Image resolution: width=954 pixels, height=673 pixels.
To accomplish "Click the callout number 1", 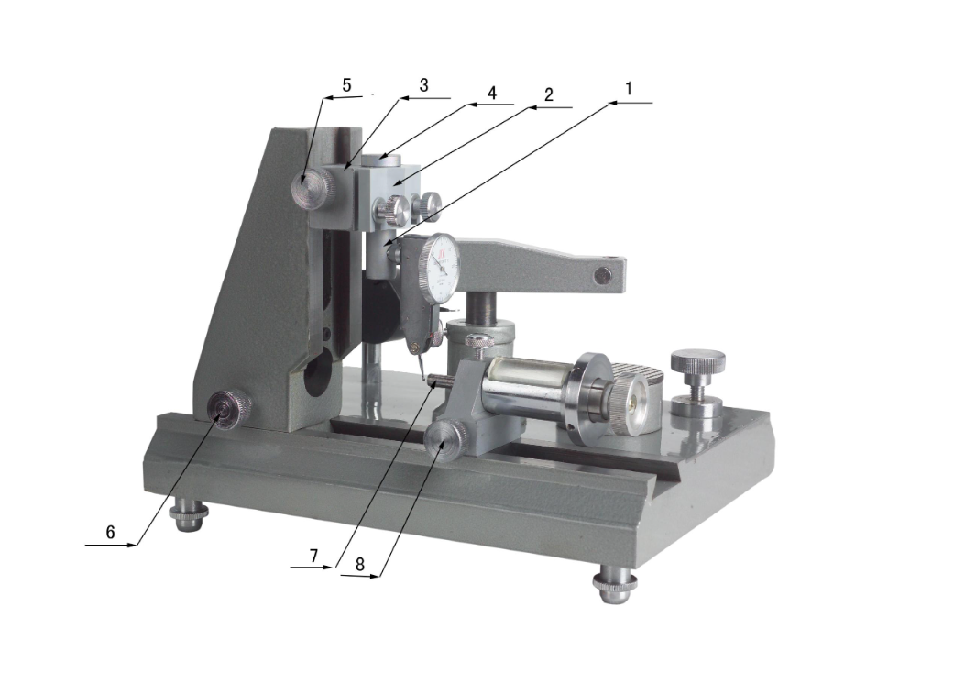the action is click(x=629, y=89).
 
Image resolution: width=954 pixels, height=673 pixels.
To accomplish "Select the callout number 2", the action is click(x=549, y=94).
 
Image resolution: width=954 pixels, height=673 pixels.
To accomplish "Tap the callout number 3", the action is click(x=424, y=85).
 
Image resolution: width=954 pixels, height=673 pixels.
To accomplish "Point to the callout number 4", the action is click(x=491, y=93).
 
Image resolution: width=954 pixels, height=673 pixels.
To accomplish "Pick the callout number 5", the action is click(x=346, y=85).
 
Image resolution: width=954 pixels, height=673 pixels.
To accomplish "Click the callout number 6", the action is click(x=110, y=533).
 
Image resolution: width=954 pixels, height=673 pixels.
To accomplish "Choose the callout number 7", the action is click(x=313, y=556).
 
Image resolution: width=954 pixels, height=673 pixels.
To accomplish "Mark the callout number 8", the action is click(x=359, y=565).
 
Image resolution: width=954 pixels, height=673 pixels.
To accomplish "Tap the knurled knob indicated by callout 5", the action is click(x=313, y=189).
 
